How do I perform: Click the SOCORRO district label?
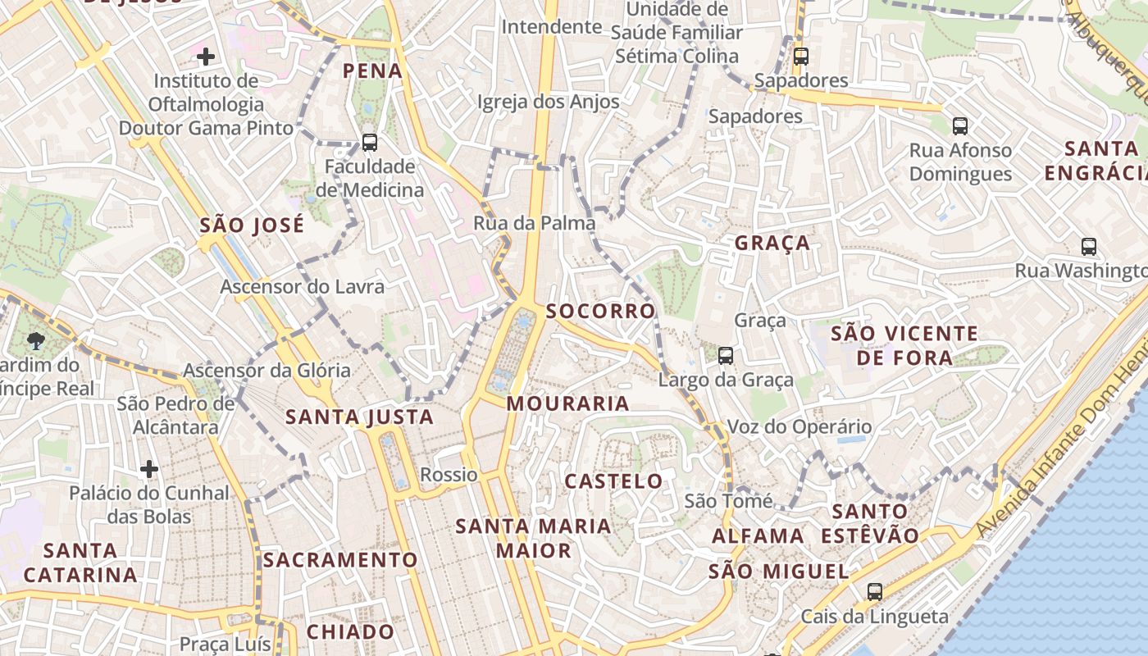click(601, 312)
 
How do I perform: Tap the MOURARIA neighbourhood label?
click(567, 403)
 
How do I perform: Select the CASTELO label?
click(613, 481)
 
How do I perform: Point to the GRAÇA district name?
click(772, 243)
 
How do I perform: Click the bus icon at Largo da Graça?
click(726, 356)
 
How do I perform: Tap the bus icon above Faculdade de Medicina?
click(370, 143)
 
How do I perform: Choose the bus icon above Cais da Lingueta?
click(875, 592)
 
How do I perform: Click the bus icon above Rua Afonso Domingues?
click(960, 126)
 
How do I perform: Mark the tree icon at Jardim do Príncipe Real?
click(35, 340)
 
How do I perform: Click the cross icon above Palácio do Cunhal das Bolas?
click(148, 469)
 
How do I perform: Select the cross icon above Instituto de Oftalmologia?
click(206, 57)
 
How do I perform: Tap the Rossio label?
click(449, 475)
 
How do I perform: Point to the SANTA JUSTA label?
click(359, 417)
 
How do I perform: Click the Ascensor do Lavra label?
click(302, 287)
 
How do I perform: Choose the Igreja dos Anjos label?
click(549, 102)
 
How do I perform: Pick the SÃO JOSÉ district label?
click(252, 225)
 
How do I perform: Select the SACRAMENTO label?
click(340, 560)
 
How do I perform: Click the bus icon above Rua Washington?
click(1089, 246)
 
